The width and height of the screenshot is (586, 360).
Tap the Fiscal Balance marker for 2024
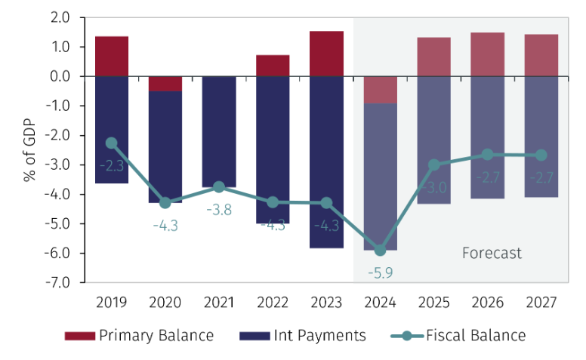(381, 250)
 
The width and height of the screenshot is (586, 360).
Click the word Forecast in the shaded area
(492, 254)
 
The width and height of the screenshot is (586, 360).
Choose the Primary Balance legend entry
(139, 335)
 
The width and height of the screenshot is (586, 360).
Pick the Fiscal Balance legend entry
(460, 335)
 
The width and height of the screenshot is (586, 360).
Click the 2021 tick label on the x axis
(219, 302)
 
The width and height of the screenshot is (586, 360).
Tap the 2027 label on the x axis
(541, 302)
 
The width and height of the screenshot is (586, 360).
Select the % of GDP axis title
(29, 149)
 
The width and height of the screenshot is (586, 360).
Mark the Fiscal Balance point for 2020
(165, 203)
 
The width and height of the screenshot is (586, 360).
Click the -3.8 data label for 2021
(219, 208)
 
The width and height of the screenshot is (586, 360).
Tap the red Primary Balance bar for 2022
(273, 66)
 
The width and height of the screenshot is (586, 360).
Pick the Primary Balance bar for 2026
(488, 54)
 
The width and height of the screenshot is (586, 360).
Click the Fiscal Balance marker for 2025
(434, 165)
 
